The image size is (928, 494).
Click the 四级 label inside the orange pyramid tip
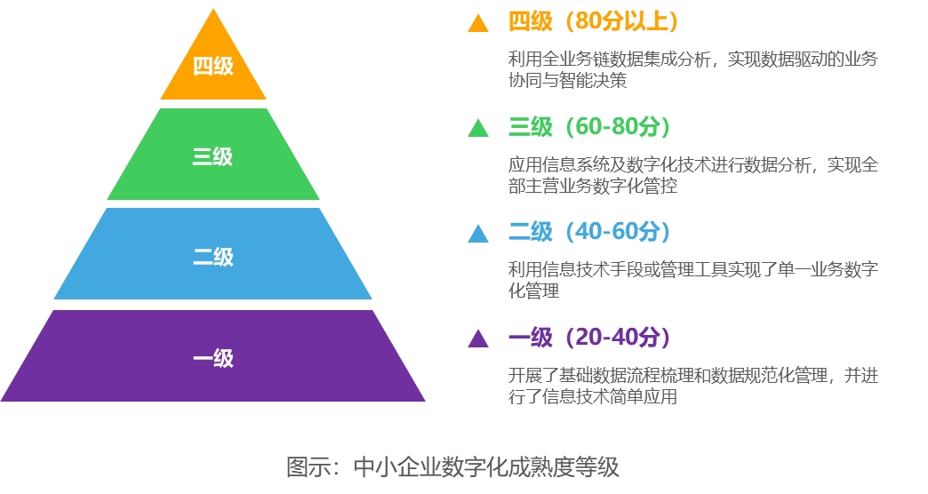(x=212, y=66)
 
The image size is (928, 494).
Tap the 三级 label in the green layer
(x=212, y=157)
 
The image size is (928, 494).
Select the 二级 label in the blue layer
(x=212, y=258)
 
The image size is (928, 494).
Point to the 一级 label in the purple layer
(x=212, y=358)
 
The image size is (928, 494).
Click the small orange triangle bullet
(x=478, y=24)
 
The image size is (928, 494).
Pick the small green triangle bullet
(x=478, y=129)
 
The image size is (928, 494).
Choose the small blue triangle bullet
(x=478, y=234)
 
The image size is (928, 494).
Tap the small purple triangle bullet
(x=478, y=339)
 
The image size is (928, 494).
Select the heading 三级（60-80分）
(x=588, y=127)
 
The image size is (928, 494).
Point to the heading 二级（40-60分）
(x=588, y=232)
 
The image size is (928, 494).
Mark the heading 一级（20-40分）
(x=588, y=337)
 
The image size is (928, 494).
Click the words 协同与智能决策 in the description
(x=567, y=81)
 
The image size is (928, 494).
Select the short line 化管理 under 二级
(x=533, y=291)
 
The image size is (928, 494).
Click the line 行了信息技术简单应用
(x=593, y=396)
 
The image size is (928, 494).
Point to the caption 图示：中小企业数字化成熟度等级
(x=452, y=466)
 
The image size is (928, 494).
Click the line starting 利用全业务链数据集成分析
(x=692, y=60)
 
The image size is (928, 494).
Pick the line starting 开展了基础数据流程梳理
(x=692, y=375)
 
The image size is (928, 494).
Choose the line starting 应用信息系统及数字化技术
(x=692, y=165)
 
